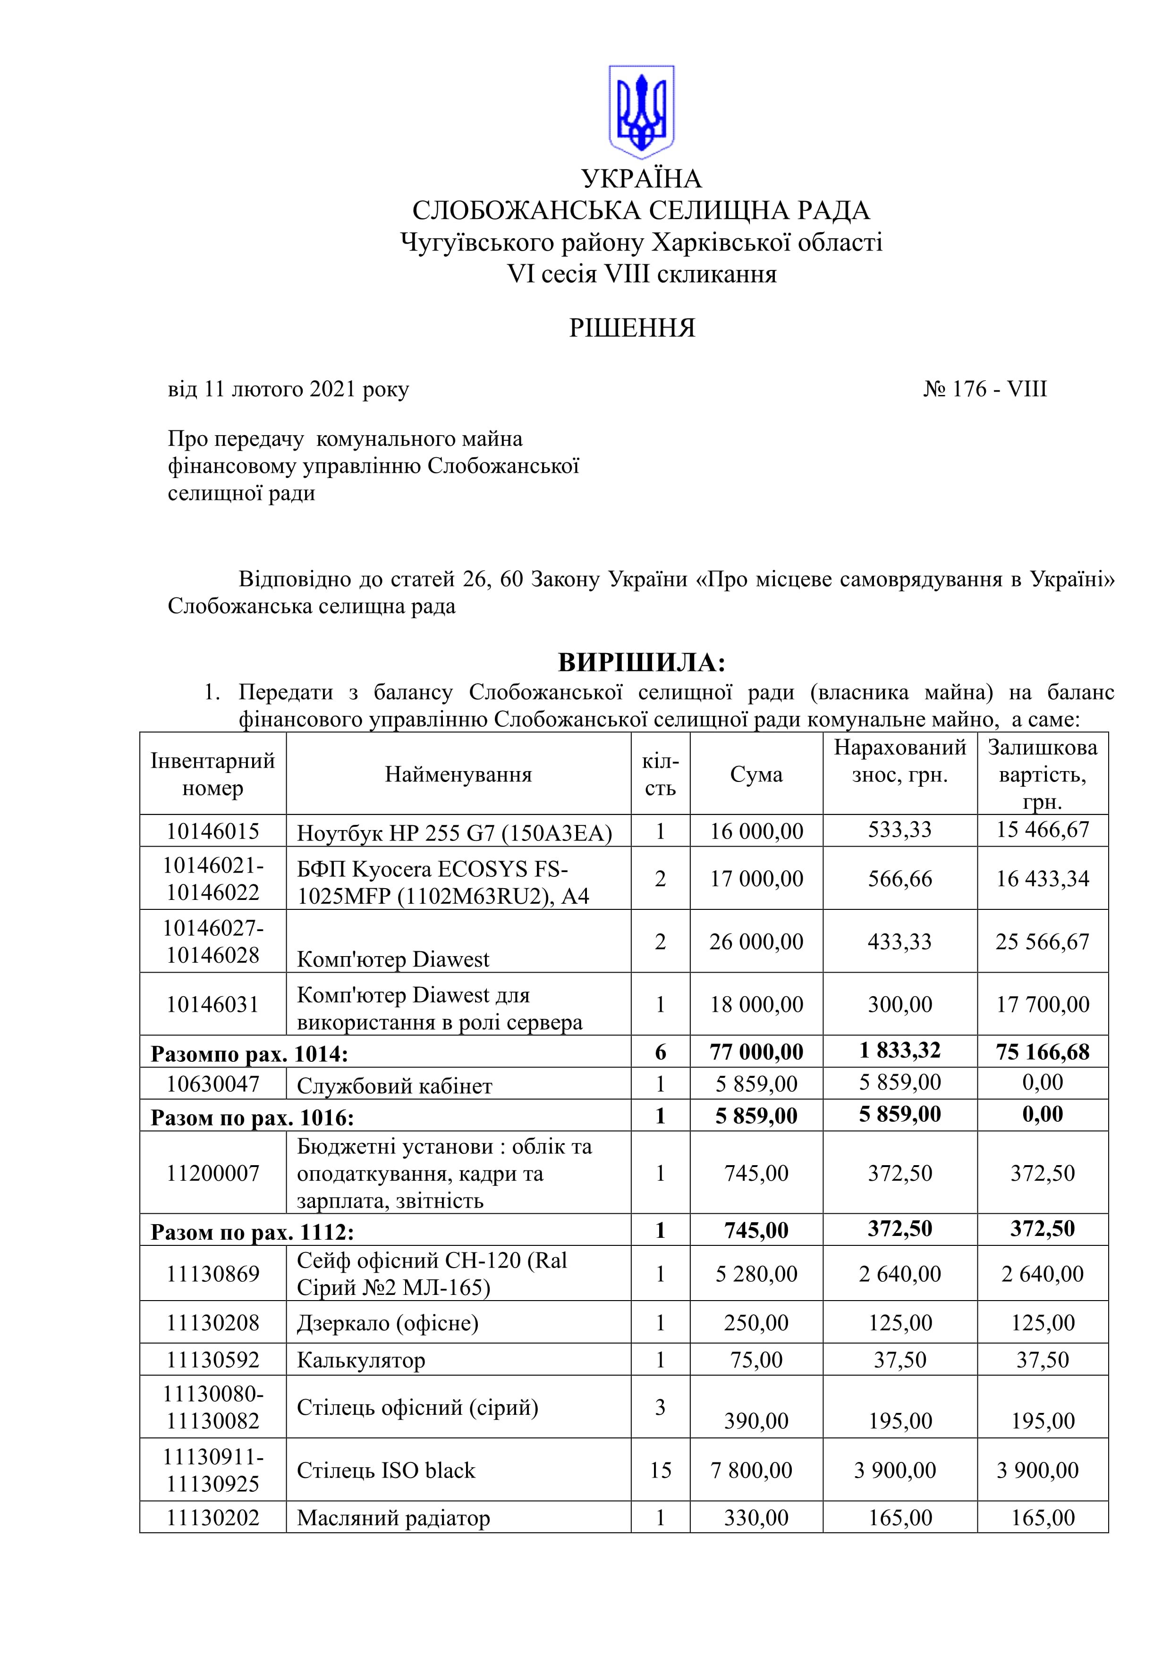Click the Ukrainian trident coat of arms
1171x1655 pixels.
click(x=641, y=112)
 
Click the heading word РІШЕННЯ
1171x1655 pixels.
click(x=632, y=329)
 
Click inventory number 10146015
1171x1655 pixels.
click(x=212, y=831)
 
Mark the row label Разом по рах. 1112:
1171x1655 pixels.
click(x=252, y=1232)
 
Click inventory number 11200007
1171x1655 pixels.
click(x=212, y=1173)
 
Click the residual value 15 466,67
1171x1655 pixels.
click(x=1042, y=830)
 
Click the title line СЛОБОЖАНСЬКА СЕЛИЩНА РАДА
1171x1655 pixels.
click(x=641, y=210)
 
